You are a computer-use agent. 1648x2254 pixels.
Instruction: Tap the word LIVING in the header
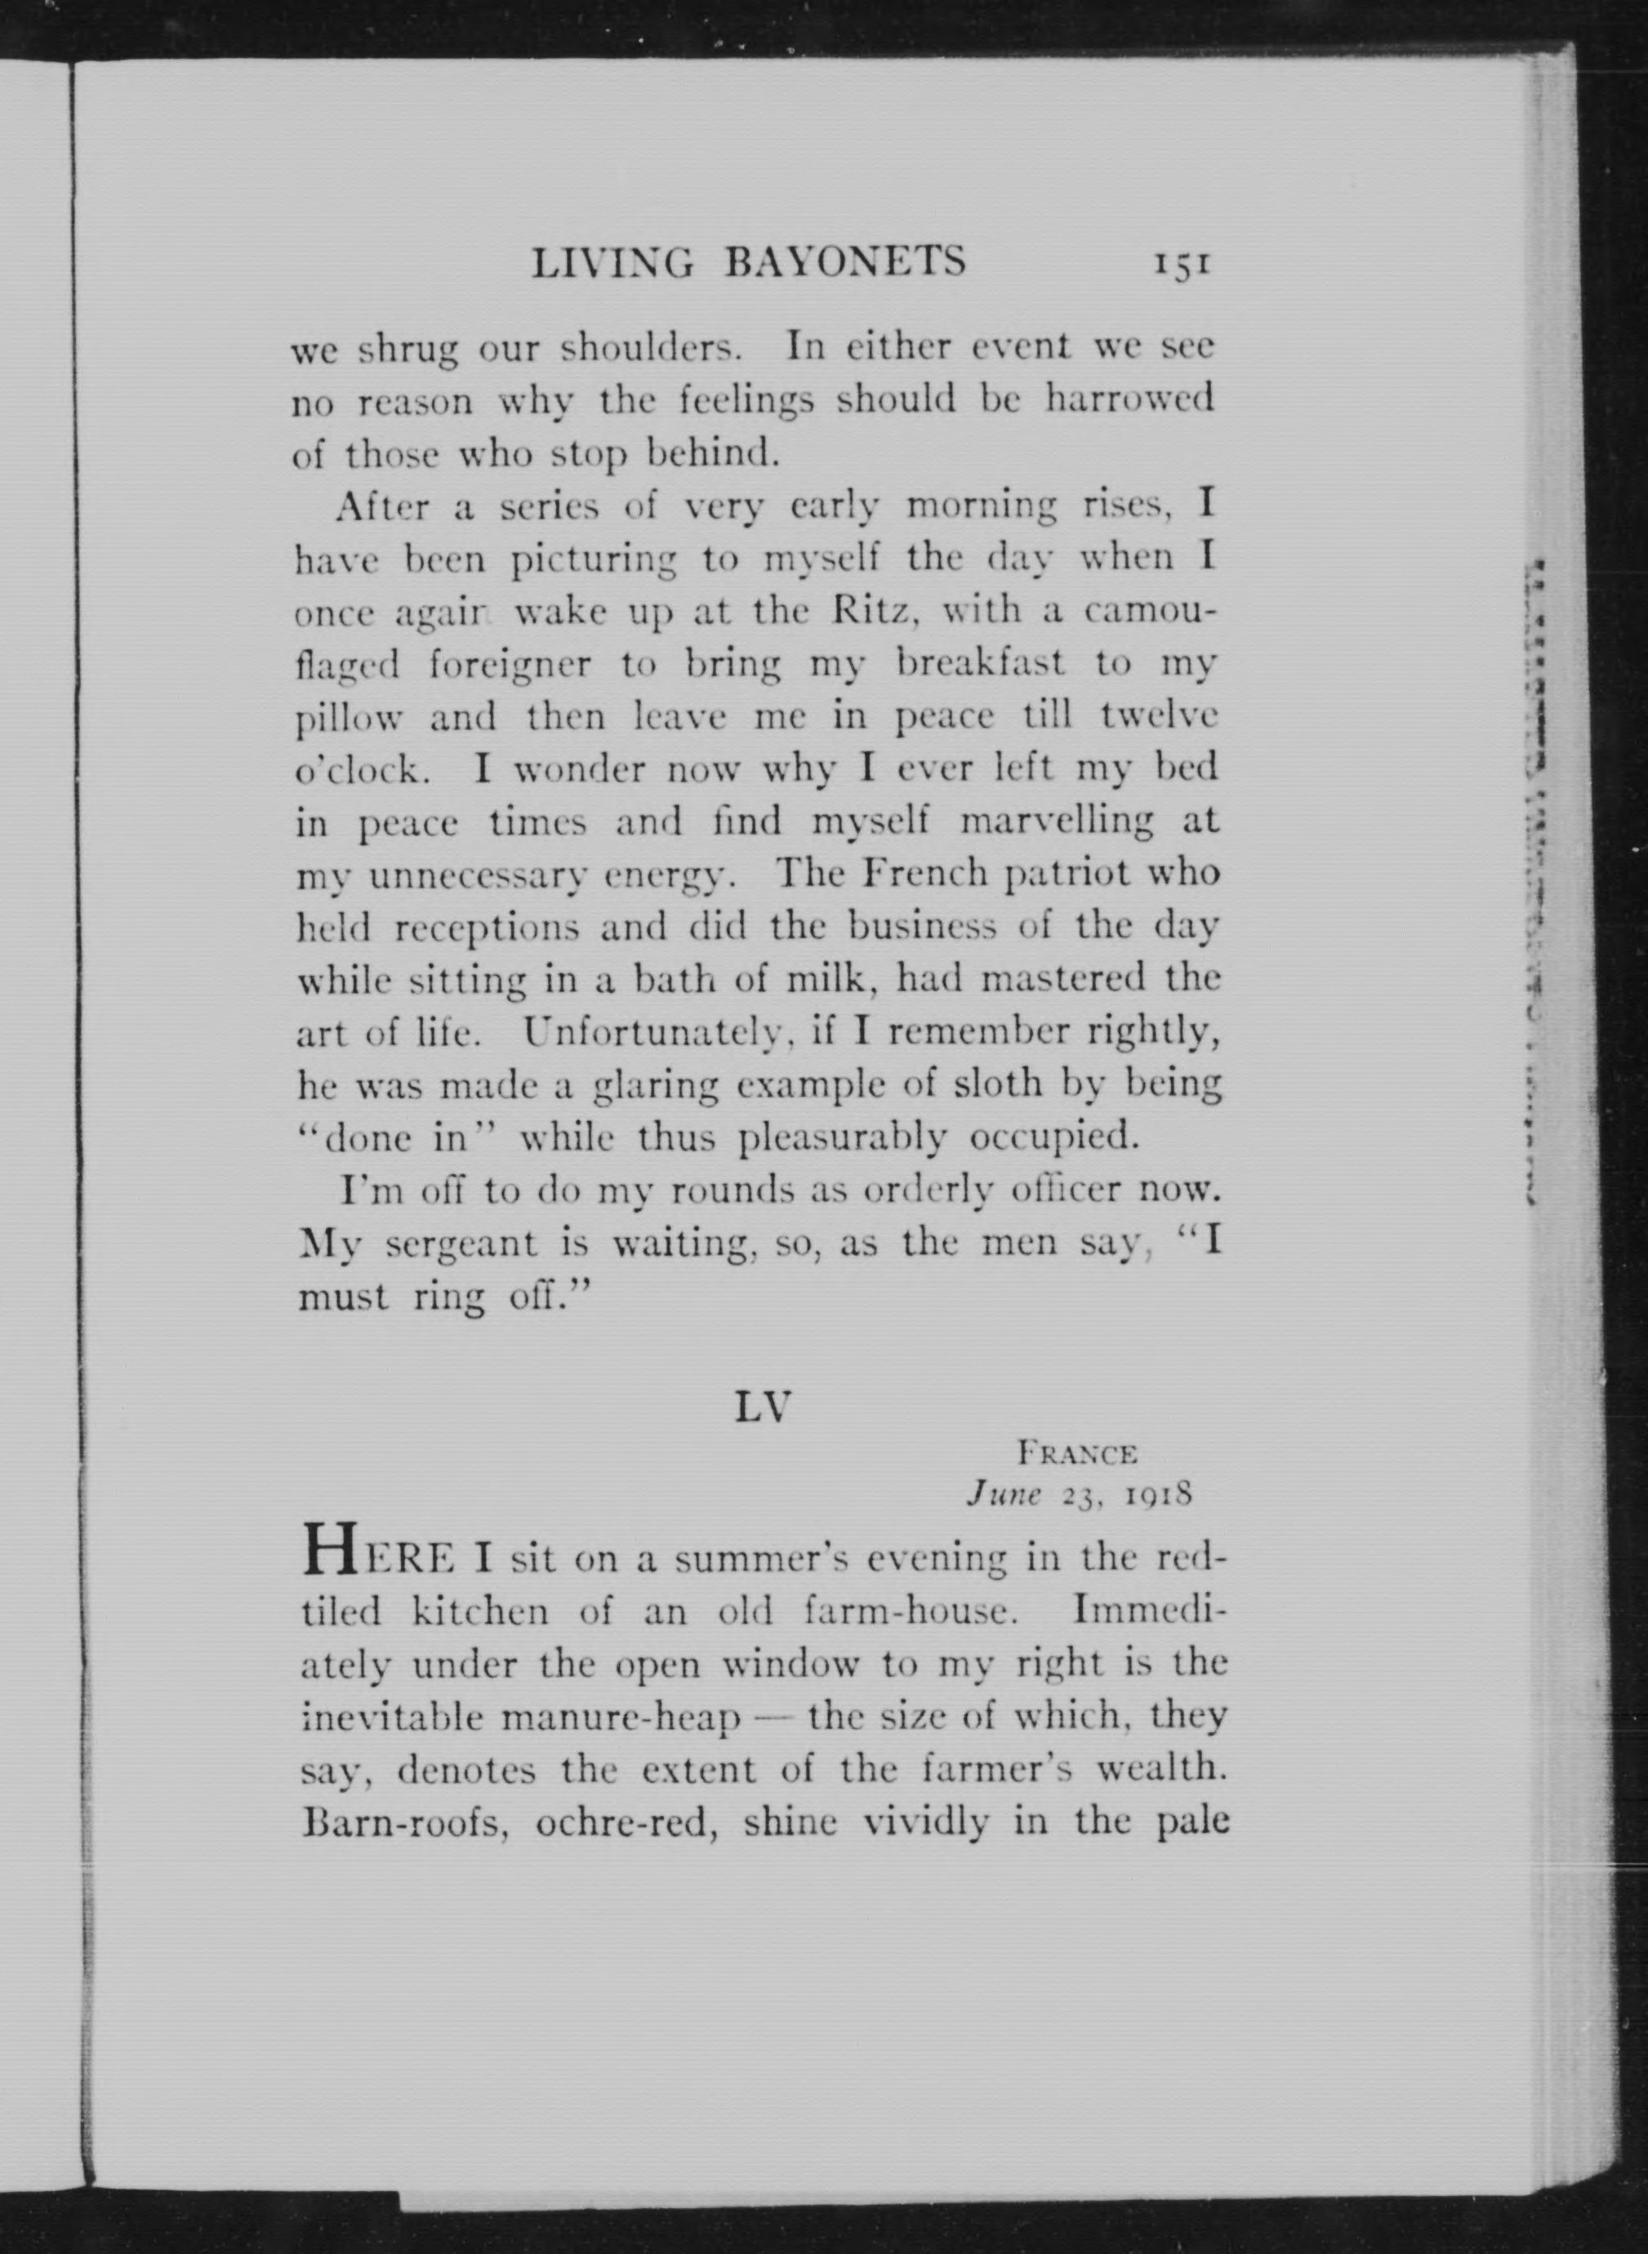612,263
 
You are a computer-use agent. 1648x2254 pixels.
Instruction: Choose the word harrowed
1129,400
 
